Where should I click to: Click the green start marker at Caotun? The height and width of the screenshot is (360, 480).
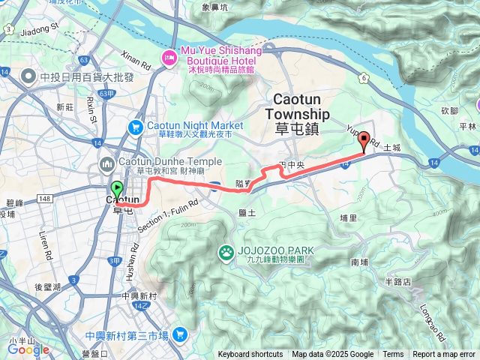click(x=116, y=190)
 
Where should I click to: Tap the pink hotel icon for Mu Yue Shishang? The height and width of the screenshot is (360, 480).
click(x=170, y=56)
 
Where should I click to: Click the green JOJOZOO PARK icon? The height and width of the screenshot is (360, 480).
click(x=225, y=251)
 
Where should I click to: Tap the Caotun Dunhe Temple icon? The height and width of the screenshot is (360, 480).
click(x=106, y=163)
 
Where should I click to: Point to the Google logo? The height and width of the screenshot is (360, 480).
click(x=28, y=349)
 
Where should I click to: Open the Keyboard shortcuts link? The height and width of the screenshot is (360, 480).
click(x=250, y=355)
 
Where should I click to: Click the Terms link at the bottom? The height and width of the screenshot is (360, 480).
click(x=393, y=355)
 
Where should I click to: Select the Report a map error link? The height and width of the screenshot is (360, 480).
click(x=444, y=355)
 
